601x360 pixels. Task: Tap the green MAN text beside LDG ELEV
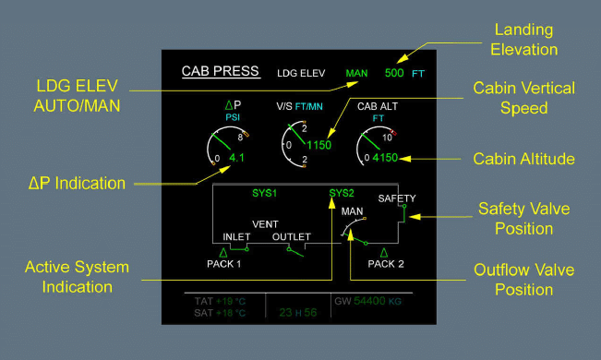click(x=356, y=73)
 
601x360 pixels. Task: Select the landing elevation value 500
click(x=395, y=73)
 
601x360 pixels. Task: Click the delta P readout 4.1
click(x=236, y=158)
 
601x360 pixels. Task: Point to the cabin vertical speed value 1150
click(x=319, y=145)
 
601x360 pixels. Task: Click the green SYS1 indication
click(x=265, y=194)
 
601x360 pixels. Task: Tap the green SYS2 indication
click(x=342, y=194)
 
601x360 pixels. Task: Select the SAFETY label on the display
click(x=397, y=198)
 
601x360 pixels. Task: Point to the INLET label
click(x=236, y=237)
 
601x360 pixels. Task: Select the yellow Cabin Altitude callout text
click(x=524, y=160)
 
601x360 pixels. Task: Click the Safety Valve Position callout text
click(x=523, y=219)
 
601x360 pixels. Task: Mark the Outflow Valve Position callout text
click(x=523, y=280)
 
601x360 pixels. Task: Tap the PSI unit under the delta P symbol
click(x=233, y=118)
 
